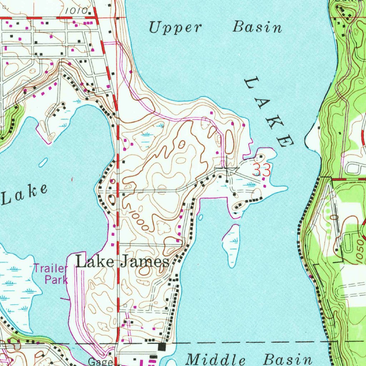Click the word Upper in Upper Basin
(175, 28)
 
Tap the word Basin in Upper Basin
(257, 27)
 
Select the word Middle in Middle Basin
(216, 359)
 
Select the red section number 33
(261, 170)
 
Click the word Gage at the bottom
(101, 362)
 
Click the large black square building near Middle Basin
(162, 347)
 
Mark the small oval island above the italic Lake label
(43, 162)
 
